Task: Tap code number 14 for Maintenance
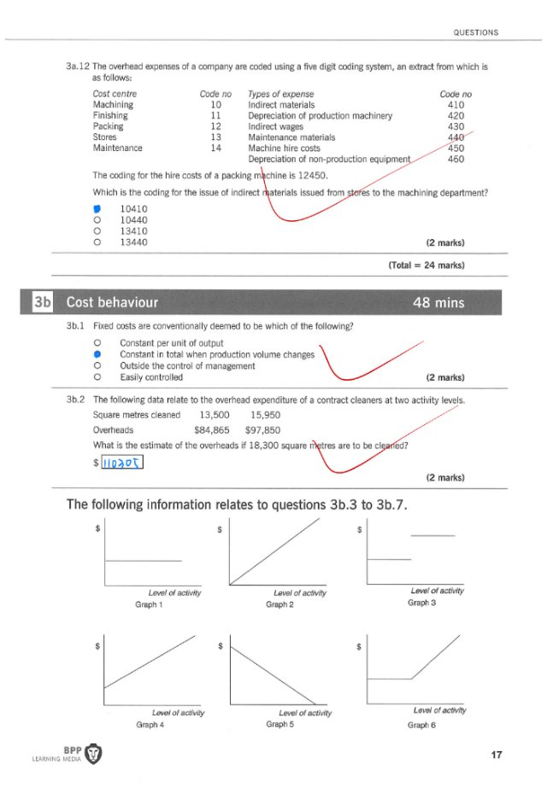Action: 215,148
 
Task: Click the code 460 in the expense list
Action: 456,159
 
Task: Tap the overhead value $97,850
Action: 262,430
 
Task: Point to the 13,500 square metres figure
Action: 217,415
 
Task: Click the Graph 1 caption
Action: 150,604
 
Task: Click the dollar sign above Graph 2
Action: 221,529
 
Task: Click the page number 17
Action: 497,755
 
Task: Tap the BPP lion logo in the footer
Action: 94,755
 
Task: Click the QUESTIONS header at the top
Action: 476,32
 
